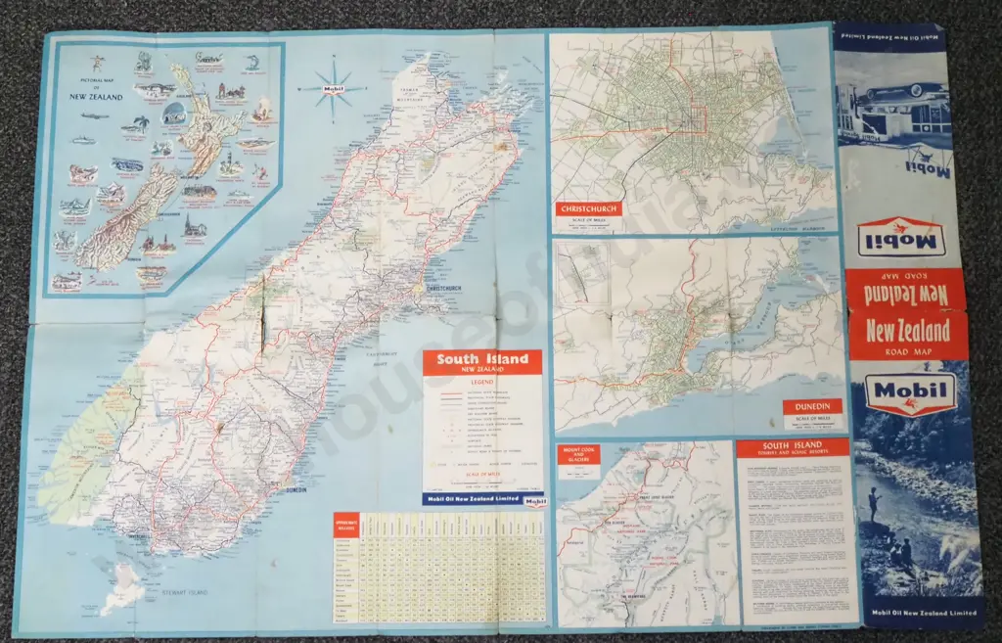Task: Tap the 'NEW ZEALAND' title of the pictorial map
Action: pyautogui.click(x=89, y=97)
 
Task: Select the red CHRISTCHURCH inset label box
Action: pyautogui.click(x=589, y=208)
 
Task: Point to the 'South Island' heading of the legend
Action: pyautogui.click(x=481, y=359)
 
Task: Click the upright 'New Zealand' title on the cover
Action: pyautogui.click(x=909, y=330)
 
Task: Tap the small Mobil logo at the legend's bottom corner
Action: pyautogui.click(x=534, y=503)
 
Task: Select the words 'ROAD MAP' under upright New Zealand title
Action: pyautogui.click(x=909, y=352)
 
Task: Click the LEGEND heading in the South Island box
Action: pyautogui.click(x=481, y=383)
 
